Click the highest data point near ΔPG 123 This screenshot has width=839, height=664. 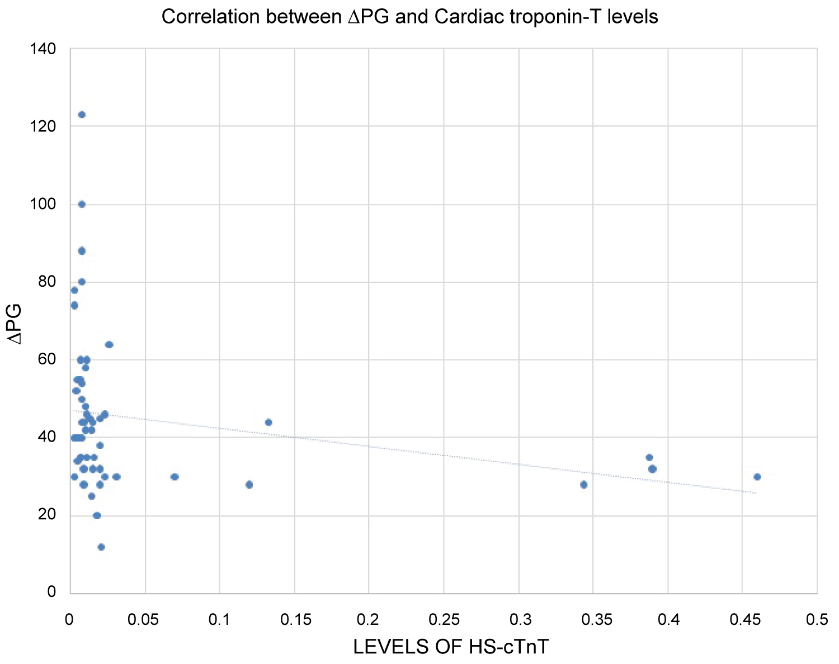pos(82,115)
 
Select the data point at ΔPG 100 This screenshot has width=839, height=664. pos(82,204)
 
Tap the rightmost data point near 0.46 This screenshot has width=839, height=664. pos(757,477)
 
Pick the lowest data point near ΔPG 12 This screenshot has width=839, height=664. pos(101,547)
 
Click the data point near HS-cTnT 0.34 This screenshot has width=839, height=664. pos(584,485)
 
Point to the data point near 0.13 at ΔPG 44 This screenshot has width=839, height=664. pos(268,422)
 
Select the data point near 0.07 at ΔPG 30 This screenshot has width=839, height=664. pos(175,477)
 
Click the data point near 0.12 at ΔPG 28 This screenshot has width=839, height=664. pos(249,485)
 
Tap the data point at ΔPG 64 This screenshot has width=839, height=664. pos(109,344)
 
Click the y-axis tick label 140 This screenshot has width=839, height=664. pos(44,49)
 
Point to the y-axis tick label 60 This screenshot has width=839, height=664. pos(48,359)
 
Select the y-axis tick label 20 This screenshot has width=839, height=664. pos(48,515)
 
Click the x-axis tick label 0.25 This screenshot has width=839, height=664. pos(444,620)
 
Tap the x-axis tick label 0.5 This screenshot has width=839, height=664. pos(817,620)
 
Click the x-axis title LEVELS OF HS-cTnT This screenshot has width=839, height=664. pos(451,647)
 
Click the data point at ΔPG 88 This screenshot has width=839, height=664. pos(82,251)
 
